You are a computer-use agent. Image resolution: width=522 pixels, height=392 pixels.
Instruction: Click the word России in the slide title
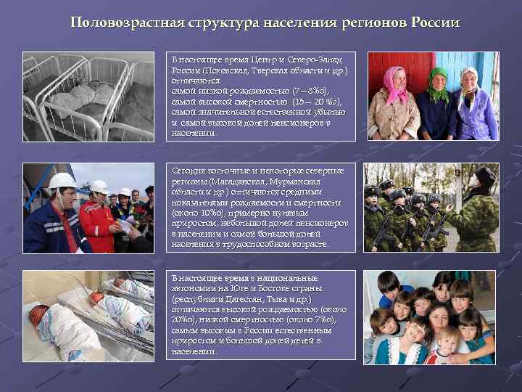(x=434, y=22)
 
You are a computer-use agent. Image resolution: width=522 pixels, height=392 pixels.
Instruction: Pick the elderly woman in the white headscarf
(x=476, y=105)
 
